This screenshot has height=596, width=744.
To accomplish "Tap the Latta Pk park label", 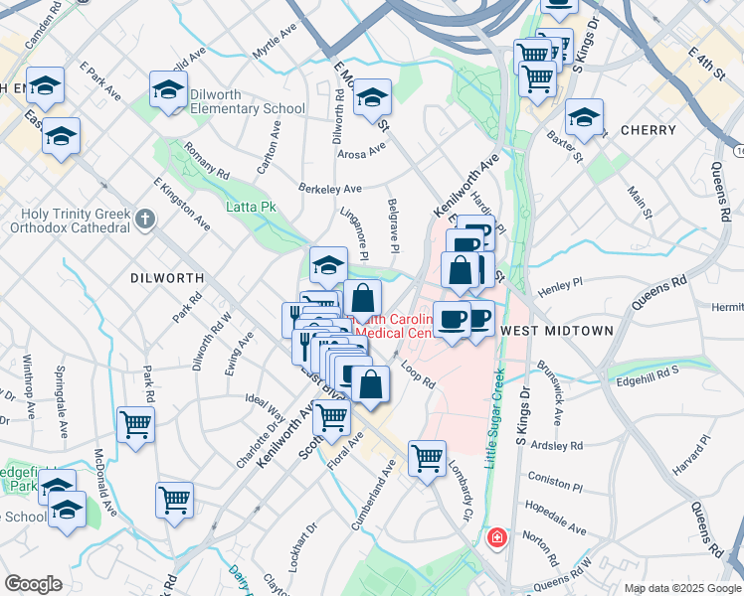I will click(x=252, y=207).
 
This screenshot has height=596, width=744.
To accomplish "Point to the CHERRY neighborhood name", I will click(x=648, y=130).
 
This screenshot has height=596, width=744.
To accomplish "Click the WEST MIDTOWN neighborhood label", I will click(x=551, y=329).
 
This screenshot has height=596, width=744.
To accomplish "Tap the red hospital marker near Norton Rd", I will click(x=496, y=538).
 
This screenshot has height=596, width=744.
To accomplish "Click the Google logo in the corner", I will click(x=34, y=584).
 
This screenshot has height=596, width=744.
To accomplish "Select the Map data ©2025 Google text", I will click(x=681, y=588).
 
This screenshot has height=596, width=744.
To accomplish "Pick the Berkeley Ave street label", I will click(x=330, y=188).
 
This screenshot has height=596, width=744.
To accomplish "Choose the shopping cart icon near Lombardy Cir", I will click(x=427, y=459).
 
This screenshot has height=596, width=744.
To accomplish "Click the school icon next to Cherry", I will click(x=584, y=116).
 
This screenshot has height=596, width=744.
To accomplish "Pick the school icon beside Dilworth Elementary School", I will click(x=168, y=89).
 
